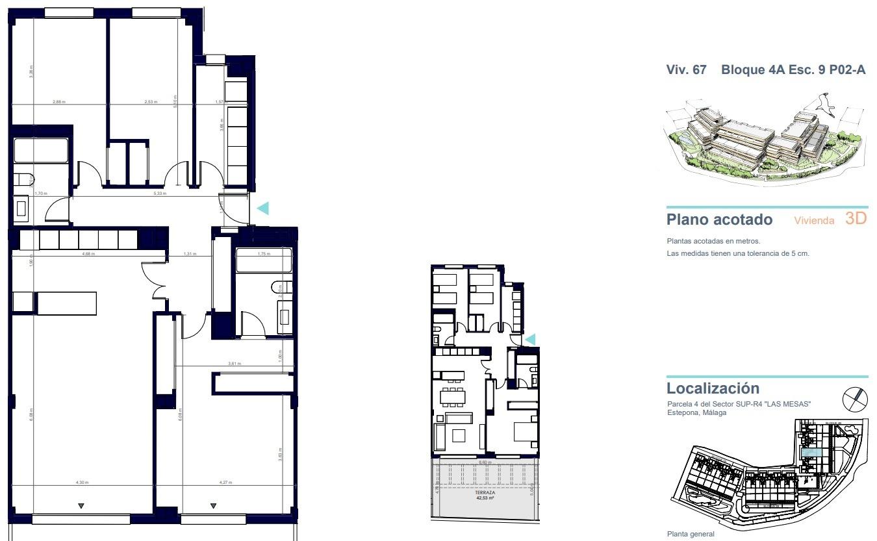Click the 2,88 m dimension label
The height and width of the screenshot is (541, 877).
[59, 102]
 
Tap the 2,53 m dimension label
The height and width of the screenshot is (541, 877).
[151, 102]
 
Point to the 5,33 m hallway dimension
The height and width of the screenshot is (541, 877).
[160, 194]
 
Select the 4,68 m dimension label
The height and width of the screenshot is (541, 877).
[88, 254]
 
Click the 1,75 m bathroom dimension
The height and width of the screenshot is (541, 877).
[263, 254]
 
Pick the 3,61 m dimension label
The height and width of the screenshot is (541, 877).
[235, 364]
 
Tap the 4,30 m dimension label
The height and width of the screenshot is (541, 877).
[81, 483]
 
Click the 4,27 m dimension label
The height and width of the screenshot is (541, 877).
[225, 483]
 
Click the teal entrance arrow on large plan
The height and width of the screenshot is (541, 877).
[262, 208]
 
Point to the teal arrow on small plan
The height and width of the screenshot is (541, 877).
[530, 339]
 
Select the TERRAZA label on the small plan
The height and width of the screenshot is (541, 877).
[485, 493]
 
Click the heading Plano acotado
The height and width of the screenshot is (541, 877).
[720, 220]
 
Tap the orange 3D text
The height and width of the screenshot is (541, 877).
[856, 219]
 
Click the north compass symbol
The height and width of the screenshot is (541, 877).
[854, 398]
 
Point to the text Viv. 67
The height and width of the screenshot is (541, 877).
[686, 70]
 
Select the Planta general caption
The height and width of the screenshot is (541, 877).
[691, 535]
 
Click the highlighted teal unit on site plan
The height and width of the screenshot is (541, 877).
[811, 453]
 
